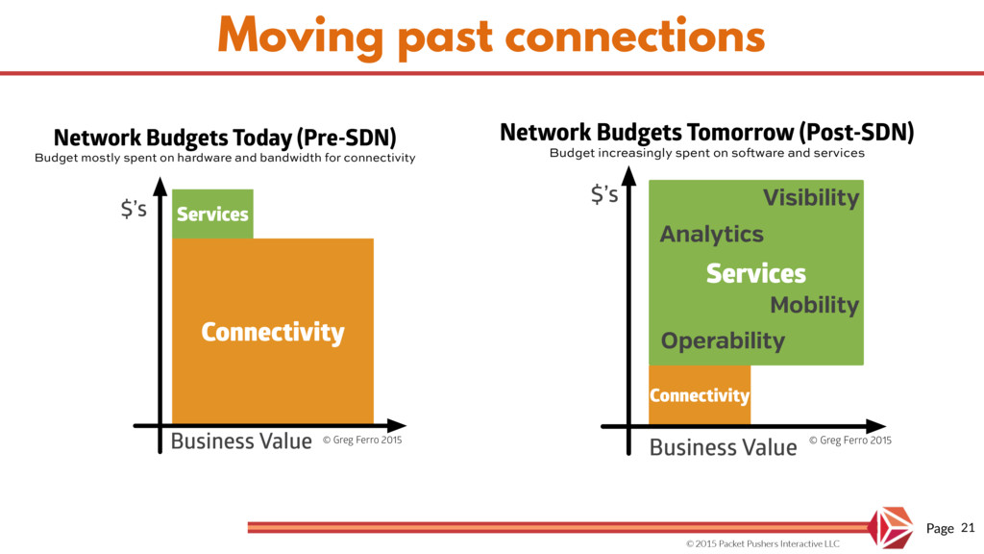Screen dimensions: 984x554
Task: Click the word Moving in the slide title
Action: pos(301,38)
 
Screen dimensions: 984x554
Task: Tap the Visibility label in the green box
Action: pos(811,198)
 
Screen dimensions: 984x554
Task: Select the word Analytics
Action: pos(712,235)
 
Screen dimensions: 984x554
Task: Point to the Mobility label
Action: pos(815,305)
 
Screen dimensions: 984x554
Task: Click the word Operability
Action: pos(723,341)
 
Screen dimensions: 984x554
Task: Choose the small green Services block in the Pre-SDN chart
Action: pos(212,214)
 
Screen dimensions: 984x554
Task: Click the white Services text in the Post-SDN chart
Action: pos(755,273)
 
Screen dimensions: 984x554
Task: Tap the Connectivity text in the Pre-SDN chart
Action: pos(273,332)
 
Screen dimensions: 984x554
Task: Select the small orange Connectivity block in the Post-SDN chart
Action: pos(700,394)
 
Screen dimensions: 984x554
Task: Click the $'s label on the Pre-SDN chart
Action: pos(134,208)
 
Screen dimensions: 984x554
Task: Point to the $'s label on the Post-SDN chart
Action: pos(604,194)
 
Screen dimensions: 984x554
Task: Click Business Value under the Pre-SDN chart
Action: pos(241,441)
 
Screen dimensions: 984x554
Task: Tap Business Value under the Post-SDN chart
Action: pos(723,447)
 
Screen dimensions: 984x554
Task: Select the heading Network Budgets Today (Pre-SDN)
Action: pos(225,138)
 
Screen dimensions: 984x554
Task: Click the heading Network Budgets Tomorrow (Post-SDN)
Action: pos(706,133)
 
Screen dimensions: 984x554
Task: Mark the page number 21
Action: pos(968,528)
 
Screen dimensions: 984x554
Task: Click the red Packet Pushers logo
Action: pos(891,528)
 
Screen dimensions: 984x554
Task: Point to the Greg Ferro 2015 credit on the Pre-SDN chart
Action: pos(362,440)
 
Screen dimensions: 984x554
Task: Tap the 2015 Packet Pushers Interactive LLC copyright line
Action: pos(762,543)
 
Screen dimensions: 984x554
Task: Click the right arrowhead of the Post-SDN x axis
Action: pos(876,426)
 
